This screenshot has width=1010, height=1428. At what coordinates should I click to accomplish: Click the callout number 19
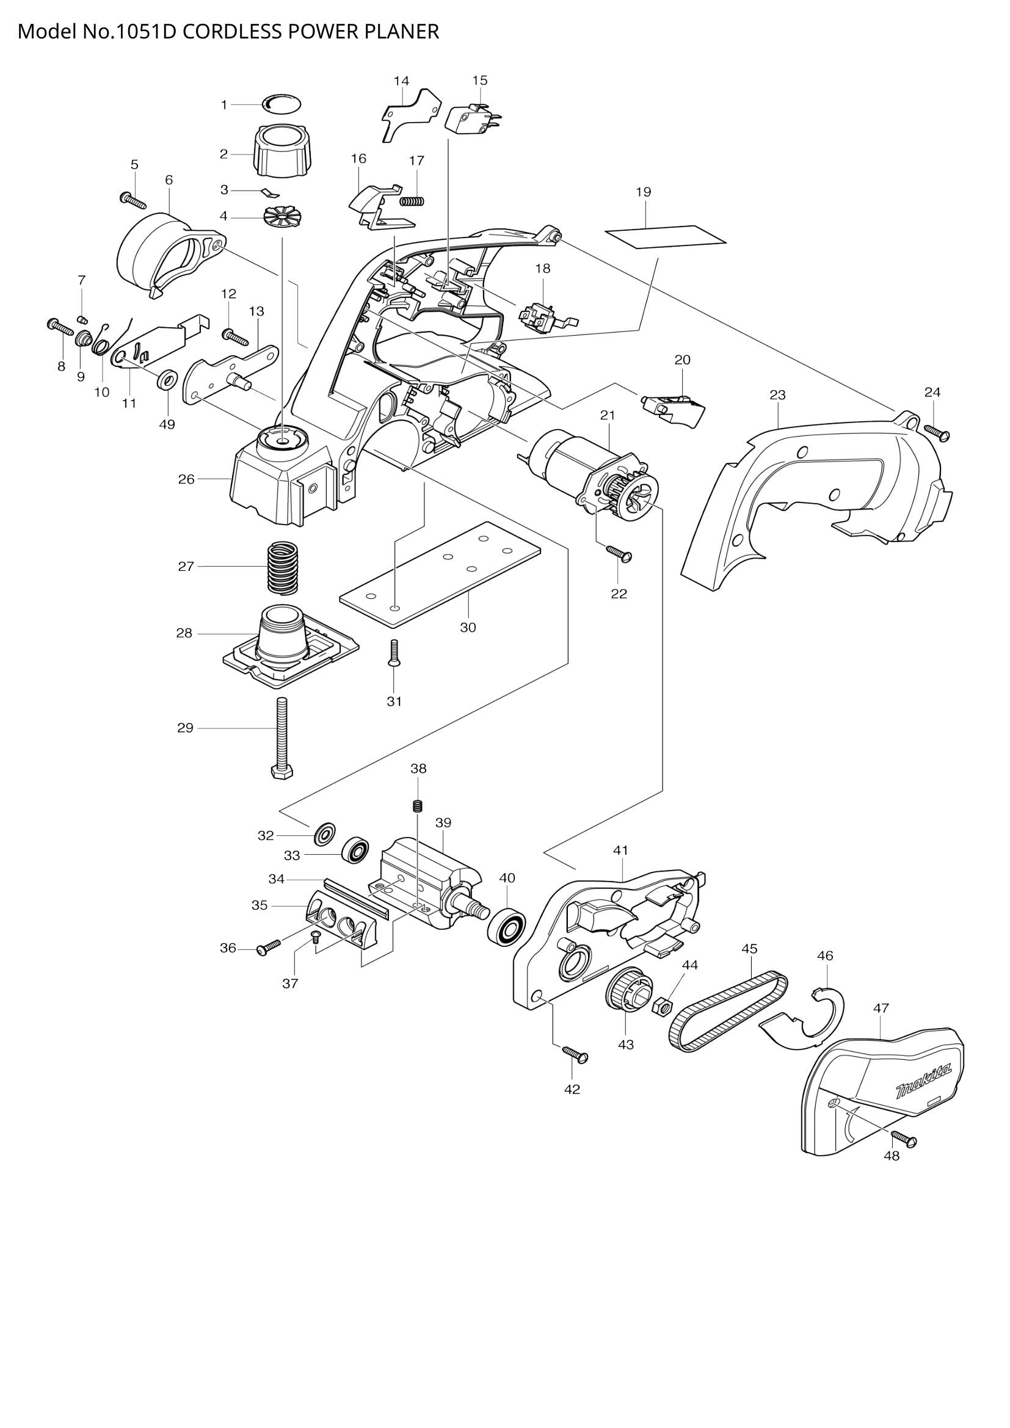click(643, 192)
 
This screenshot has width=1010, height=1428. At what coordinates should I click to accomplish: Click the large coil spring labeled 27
click(282, 567)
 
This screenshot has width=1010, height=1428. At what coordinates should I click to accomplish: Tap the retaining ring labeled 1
click(282, 104)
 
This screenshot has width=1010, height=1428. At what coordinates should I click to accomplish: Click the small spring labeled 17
click(412, 201)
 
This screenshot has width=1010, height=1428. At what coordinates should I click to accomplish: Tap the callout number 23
click(777, 395)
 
